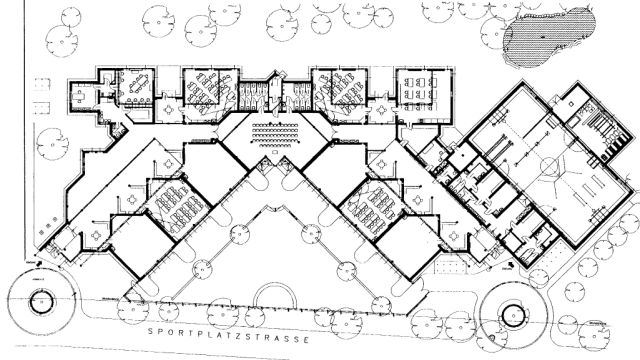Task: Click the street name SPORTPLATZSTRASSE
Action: click(228, 335)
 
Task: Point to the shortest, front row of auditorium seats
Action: click(275, 145)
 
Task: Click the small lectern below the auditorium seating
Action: click(275, 153)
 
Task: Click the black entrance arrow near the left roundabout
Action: click(40, 264)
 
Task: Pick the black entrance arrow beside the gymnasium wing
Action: click(511, 266)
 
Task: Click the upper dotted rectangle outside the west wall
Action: click(42, 84)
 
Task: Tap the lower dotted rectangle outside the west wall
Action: click(42, 108)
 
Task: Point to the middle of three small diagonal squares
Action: click(47, 226)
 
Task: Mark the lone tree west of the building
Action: click(52, 144)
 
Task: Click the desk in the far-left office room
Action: click(79, 96)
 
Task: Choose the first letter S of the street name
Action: click(150, 331)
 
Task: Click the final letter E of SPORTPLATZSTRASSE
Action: click(307, 340)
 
